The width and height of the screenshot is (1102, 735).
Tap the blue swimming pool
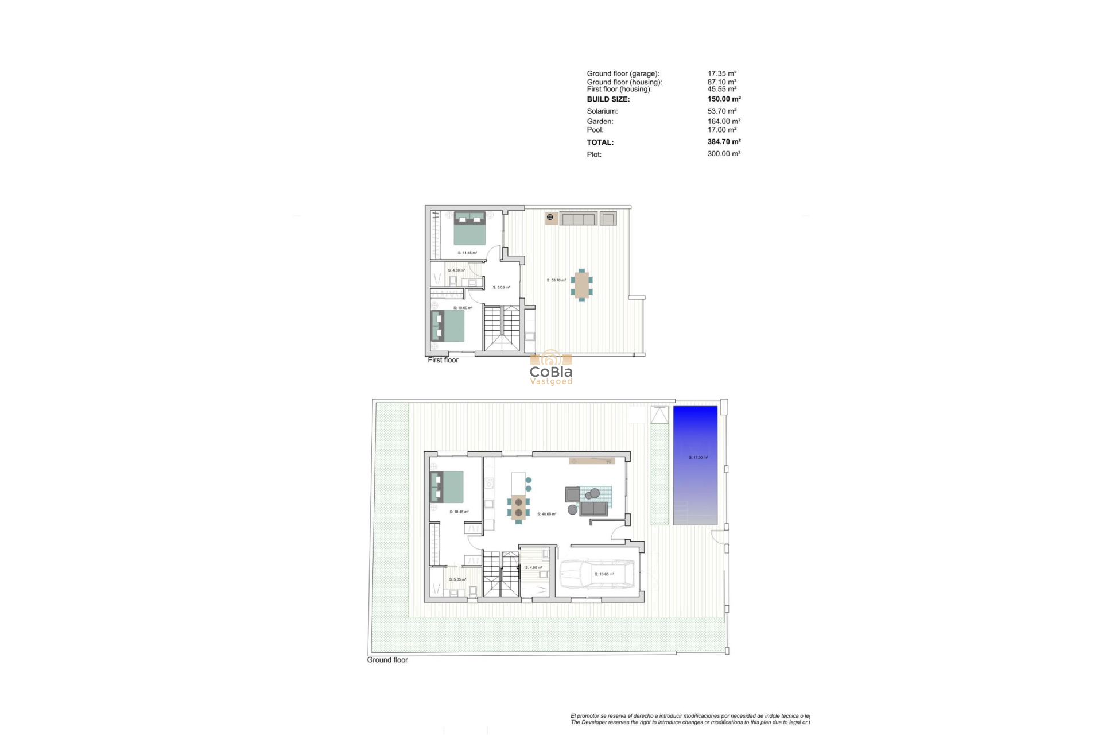695,465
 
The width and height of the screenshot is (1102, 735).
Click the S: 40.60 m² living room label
546,514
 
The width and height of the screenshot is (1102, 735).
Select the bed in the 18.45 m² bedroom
447,487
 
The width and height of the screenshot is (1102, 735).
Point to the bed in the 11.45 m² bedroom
470,227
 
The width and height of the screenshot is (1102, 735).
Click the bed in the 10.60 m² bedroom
447,326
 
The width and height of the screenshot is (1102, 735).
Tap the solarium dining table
582,285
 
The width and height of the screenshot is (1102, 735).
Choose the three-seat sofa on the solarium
578,218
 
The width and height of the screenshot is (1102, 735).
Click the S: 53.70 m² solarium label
556,280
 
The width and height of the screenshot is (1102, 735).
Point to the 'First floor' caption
443,360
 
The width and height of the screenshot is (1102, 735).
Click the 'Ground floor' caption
387,660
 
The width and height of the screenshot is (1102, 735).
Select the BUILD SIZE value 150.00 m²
724,99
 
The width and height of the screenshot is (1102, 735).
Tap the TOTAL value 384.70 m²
724,141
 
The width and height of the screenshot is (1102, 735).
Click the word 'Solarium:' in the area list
602,111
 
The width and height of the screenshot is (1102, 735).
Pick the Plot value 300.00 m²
724,154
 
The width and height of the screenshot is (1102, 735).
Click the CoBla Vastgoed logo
551,368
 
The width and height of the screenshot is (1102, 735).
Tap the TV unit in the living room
592,461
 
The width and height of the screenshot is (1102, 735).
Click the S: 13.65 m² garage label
604,574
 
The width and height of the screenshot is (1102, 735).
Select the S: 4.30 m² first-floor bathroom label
456,270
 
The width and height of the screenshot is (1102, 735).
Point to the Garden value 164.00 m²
724,121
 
